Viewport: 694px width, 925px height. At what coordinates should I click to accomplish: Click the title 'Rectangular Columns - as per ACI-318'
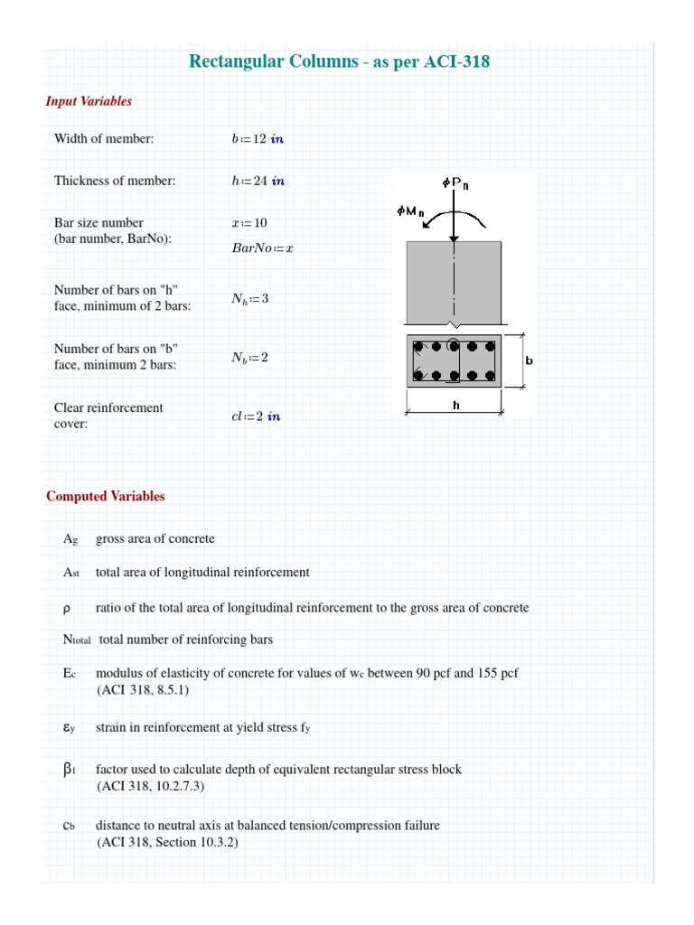click(x=340, y=61)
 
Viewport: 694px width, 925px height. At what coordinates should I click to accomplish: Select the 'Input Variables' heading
click(x=89, y=101)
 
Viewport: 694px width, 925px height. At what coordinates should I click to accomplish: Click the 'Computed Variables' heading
click(x=106, y=496)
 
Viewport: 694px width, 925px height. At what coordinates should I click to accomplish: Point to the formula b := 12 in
click(x=258, y=139)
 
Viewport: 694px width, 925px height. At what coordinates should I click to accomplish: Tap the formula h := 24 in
click(x=258, y=181)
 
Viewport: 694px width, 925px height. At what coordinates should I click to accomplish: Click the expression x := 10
click(x=249, y=222)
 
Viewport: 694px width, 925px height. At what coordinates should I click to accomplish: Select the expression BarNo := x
click(x=263, y=248)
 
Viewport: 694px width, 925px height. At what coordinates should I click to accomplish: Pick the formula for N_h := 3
click(x=250, y=299)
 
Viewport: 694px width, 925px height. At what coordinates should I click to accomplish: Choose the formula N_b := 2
click(x=249, y=358)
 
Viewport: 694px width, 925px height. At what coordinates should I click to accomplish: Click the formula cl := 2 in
click(x=256, y=416)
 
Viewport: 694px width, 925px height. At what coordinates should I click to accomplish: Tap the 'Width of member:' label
click(x=104, y=138)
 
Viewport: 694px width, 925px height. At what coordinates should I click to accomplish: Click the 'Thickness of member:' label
click(x=115, y=181)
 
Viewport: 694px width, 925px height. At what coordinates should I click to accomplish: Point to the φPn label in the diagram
click(x=455, y=183)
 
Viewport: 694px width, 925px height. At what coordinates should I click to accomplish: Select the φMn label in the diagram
click(x=410, y=211)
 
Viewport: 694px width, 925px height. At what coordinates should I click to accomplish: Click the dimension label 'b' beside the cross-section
click(x=529, y=360)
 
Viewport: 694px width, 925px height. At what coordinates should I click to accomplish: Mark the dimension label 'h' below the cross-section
click(x=456, y=406)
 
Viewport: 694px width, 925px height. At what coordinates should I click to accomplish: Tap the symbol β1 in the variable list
click(x=69, y=770)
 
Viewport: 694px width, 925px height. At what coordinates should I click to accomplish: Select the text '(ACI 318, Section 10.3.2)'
click(x=167, y=842)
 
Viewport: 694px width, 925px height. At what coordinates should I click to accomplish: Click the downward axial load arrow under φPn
click(x=455, y=217)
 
